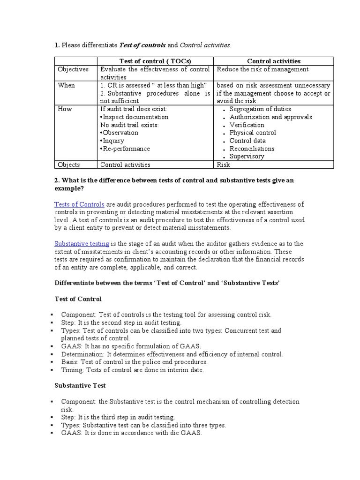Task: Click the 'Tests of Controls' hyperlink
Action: click(79, 204)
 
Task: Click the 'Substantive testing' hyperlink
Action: click(82, 244)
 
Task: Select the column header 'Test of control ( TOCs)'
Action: click(155, 61)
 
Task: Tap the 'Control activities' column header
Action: click(274, 61)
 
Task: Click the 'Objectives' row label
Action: click(73, 69)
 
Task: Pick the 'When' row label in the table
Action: click(66, 85)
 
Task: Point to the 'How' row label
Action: click(65, 109)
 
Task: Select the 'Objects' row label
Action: click(69, 165)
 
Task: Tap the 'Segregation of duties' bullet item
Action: click(260, 109)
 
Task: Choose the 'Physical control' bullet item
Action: click(253, 133)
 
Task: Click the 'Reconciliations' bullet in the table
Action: click(252, 149)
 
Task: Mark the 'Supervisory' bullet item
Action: click(247, 157)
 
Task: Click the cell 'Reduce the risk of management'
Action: click(262, 69)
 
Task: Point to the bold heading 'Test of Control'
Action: click(78, 299)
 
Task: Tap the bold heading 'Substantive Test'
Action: click(81, 385)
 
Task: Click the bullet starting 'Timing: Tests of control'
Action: click(133, 370)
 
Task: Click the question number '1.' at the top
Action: click(57, 45)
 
